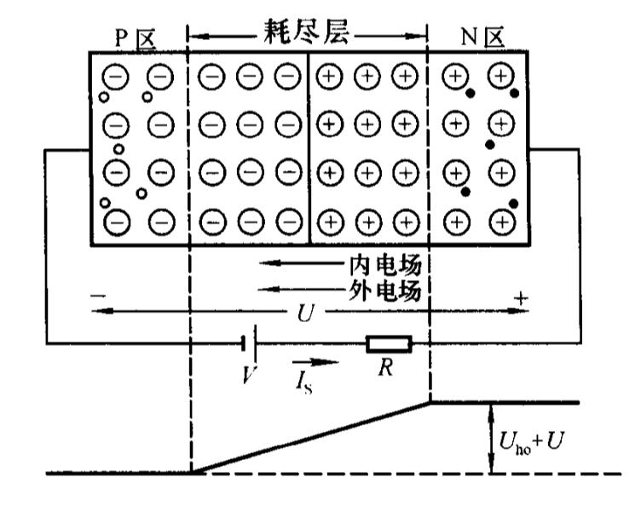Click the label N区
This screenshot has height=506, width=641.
click(478, 36)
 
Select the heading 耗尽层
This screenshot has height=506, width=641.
click(306, 34)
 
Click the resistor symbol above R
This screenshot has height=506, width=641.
click(389, 344)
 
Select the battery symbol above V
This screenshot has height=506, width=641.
click(248, 344)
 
